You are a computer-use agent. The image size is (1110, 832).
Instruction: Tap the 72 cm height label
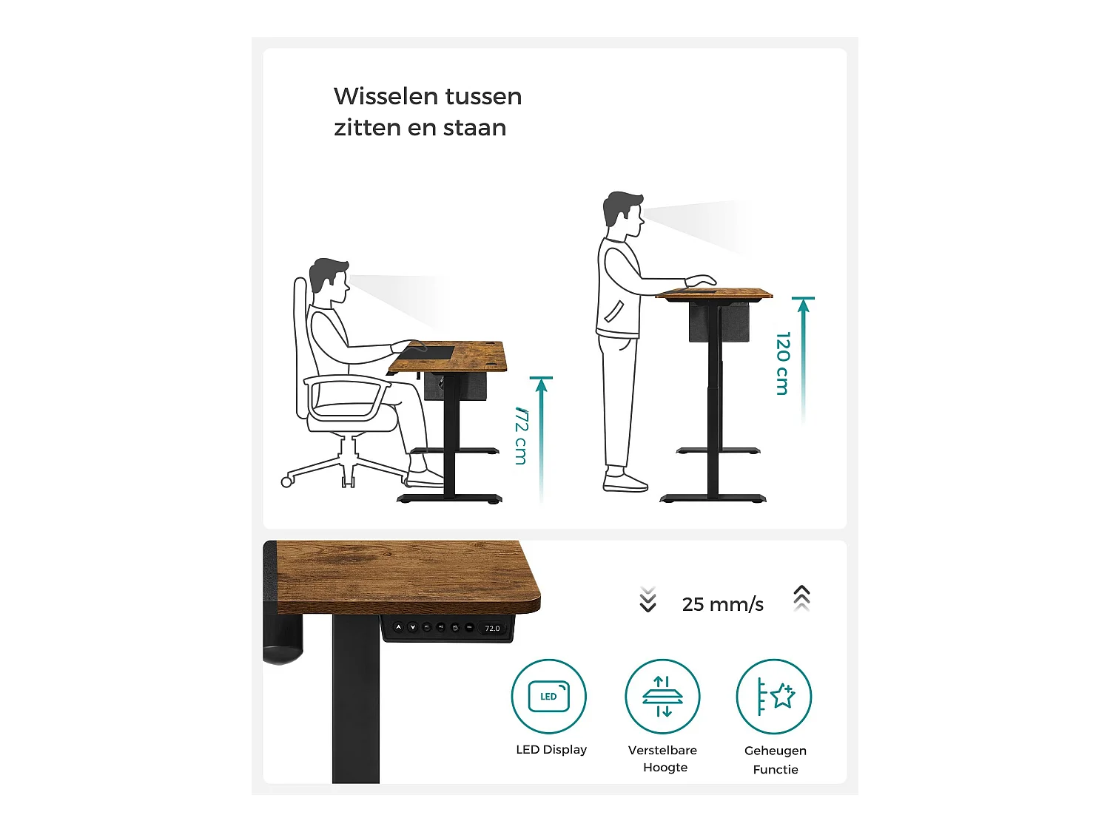(521, 436)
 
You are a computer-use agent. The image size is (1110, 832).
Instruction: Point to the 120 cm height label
(783, 363)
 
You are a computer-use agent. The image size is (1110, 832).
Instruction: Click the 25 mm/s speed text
(722, 604)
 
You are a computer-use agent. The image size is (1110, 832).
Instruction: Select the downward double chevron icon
(647, 599)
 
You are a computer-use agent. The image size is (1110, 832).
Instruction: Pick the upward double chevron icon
(801, 598)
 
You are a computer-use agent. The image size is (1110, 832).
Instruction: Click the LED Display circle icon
(548, 697)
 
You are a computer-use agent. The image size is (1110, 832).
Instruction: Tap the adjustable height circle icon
(662, 697)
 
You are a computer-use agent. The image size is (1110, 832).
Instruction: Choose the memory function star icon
(774, 697)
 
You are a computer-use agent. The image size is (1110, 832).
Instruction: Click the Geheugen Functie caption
(776, 760)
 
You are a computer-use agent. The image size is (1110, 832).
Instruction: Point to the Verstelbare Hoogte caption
(663, 758)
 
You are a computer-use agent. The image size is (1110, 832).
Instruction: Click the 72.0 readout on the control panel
(492, 629)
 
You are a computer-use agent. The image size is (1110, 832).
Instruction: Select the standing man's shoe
(625, 483)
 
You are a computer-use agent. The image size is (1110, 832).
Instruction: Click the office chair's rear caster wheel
(287, 482)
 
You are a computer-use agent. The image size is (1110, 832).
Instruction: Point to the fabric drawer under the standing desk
(718, 323)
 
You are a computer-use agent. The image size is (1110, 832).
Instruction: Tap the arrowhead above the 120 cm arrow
(804, 305)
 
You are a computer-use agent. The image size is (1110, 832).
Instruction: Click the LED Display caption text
(551, 749)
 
